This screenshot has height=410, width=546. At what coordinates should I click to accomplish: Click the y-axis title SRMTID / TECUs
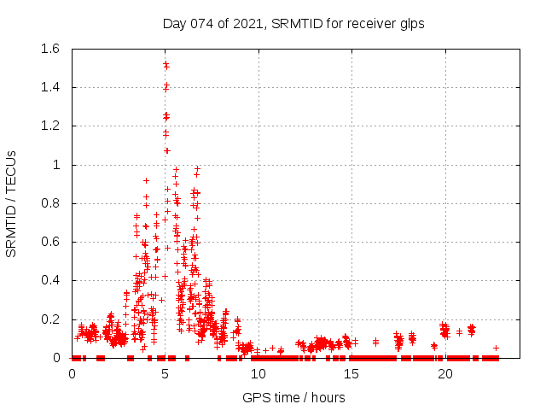coord(12,203)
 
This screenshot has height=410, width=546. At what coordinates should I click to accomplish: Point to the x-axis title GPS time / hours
coord(294,397)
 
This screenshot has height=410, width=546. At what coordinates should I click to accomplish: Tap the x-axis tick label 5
coord(166,373)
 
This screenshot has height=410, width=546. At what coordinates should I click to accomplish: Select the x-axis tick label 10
coord(258,373)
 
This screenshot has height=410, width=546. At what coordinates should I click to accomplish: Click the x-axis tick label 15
coord(351,373)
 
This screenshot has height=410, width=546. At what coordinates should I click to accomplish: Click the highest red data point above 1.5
coord(166,63)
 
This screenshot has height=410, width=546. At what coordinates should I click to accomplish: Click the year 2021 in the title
coord(247,23)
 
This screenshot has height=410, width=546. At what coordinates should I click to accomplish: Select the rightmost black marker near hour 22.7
coord(496,348)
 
